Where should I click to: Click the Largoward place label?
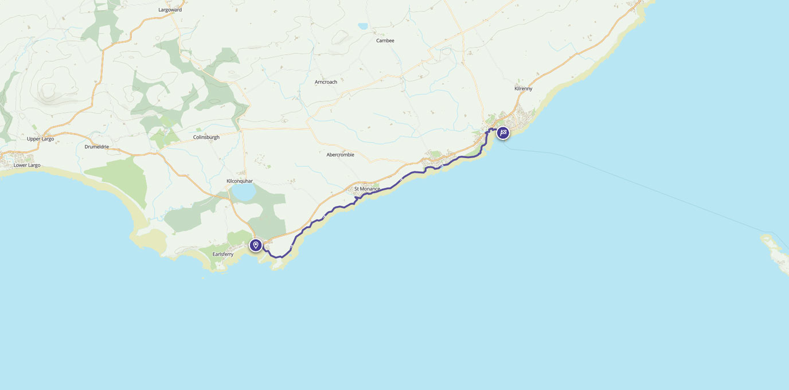[x=170, y=10]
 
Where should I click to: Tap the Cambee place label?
[x=385, y=41]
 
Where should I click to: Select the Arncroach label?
[x=326, y=82]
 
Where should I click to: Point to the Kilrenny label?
[x=523, y=89]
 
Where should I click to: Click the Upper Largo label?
[x=40, y=139]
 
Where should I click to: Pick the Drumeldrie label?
[x=96, y=147]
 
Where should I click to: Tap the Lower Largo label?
[x=27, y=165]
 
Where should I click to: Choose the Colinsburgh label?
[x=206, y=137]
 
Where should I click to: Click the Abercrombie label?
[x=340, y=155]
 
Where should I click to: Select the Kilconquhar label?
[x=239, y=181]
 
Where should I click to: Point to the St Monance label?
[x=367, y=189]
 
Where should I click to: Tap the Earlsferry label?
[x=222, y=254]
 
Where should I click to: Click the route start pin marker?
[x=256, y=245]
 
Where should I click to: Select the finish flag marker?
[x=503, y=133]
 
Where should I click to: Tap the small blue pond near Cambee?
[x=362, y=26]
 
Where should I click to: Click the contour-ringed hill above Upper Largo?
[x=54, y=92]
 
